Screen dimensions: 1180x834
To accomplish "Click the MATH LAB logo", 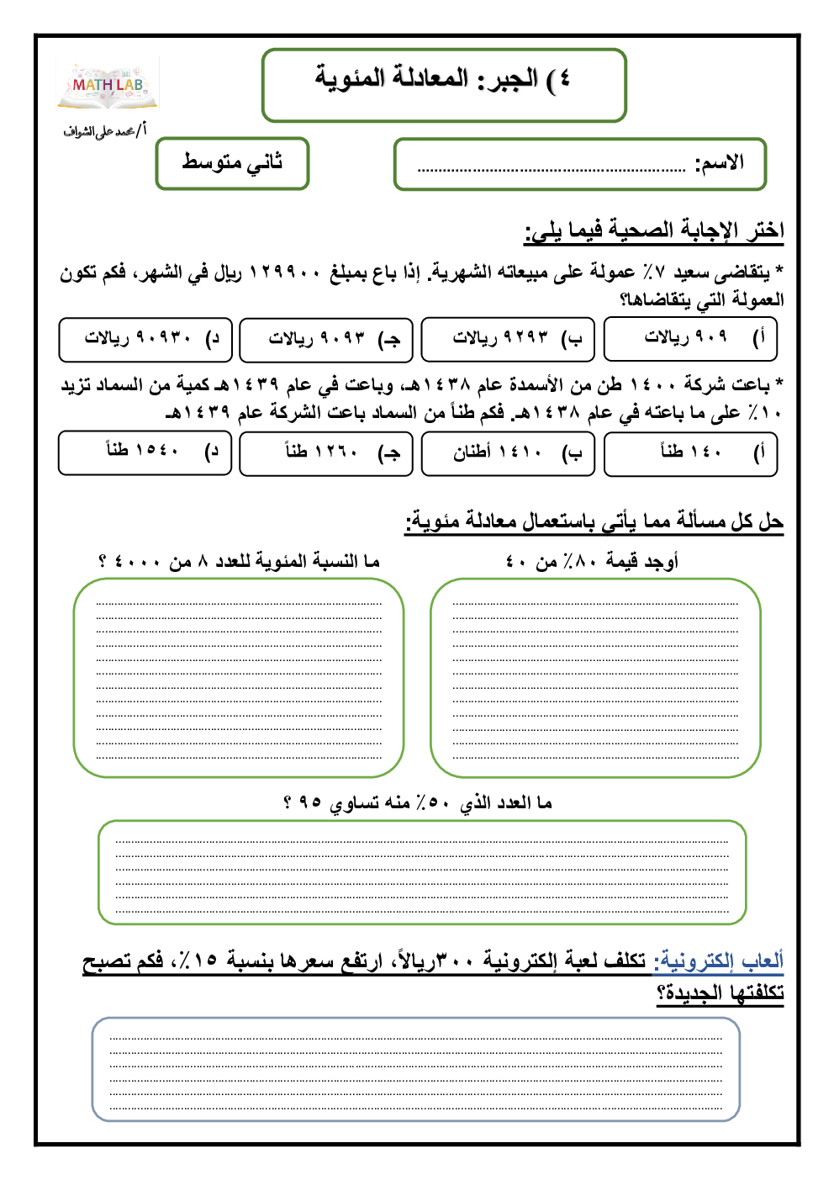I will click(x=108, y=87).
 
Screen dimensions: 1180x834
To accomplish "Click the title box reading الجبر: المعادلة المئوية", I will click(x=444, y=84).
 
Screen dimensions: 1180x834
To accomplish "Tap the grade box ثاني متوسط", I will click(x=232, y=163).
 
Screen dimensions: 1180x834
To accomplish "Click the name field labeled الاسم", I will click(x=580, y=164).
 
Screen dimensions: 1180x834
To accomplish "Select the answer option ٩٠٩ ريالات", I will click(x=690, y=339).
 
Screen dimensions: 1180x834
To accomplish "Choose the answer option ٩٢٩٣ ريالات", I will click(x=508, y=339).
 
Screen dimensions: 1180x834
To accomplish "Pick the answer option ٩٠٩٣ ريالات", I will click(x=326, y=339).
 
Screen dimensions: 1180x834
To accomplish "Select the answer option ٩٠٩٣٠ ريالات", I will click(x=145, y=339).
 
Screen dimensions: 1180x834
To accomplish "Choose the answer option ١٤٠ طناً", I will click(x=690, y=453).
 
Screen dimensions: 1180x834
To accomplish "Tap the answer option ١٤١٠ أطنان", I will click(x=508, y=453).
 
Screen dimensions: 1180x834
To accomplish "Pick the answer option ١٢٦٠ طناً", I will click(x=326, y=453).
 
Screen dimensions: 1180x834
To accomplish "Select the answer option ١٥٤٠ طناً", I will click(x=145, y=453).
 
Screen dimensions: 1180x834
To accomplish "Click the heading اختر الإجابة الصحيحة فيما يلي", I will click(x=654, y=230).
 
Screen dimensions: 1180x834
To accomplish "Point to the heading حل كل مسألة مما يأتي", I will click(x=594, y=522).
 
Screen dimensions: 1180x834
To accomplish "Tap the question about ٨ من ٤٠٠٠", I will click(x=240, y=561).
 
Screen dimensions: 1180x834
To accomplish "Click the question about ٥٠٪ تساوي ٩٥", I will click(x=417, y=803).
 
